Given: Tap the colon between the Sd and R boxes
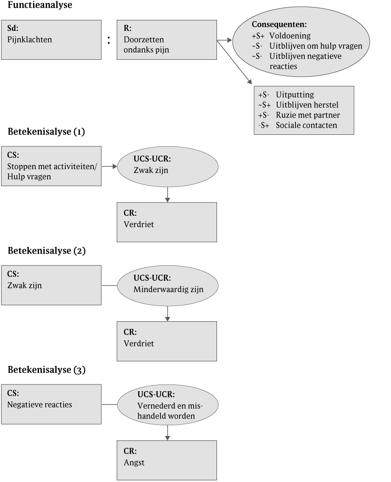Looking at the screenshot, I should (x=109, y=40).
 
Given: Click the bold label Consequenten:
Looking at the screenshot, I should (x=279, y=25).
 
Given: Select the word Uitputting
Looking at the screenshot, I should (x=295, y=95).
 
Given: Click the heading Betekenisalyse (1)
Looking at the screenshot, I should (x=47, y=132).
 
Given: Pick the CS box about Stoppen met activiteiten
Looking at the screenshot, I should (x=51, y=166).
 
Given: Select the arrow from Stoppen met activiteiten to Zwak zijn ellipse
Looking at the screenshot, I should (x=109, y=167).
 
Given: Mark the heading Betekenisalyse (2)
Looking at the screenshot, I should (x=47, y=251).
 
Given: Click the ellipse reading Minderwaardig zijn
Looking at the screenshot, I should (x=167, y=285).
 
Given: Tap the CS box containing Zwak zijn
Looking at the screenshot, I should (x=51, y=285).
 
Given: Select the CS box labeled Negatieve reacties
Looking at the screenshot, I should (x=51, y=404).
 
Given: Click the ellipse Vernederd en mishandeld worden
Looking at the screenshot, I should (x=167, y=404).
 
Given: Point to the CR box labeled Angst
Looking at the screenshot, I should (x=166, y=460).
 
